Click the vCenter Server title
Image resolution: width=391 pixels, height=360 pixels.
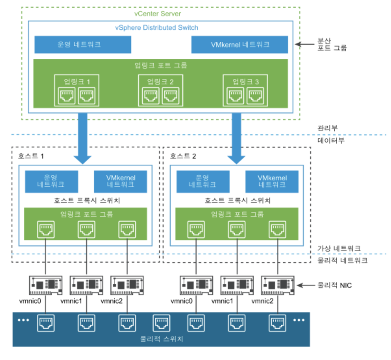pos(157,14)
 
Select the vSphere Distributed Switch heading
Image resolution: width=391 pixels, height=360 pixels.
pos(156,28)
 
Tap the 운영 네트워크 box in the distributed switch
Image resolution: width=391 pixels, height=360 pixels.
pos(83,44)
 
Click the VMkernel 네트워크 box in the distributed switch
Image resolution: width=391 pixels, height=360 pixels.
pos(239,44)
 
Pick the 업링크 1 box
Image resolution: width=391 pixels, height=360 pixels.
pos(77,90)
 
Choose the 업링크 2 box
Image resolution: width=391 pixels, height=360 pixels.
pos(161,90)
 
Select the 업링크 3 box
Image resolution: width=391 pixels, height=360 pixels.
pos(245,90)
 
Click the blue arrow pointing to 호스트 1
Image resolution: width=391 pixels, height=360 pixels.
pos(82,138)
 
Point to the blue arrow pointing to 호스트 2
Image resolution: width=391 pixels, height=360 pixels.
pos(236,138)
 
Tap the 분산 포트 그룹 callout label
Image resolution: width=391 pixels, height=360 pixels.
pos(332,44)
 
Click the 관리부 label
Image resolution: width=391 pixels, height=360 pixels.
pos(327,128)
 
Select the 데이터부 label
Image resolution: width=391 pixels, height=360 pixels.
pos(331,140)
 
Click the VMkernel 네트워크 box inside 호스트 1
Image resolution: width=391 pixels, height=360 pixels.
pos(120,181)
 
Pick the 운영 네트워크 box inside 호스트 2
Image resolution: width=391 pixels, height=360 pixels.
pos(203,181)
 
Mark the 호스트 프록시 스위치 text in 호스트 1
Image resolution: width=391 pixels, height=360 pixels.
pos(87,200)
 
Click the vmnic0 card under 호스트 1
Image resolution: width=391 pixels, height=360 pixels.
pos(45,285)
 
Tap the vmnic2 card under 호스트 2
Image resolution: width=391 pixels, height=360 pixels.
pos(277,285)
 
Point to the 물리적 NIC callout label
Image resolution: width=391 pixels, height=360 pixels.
pos(334,285)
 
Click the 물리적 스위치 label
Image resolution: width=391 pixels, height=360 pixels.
pos(161,339)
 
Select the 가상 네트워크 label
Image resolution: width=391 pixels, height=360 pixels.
pos(339,248)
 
